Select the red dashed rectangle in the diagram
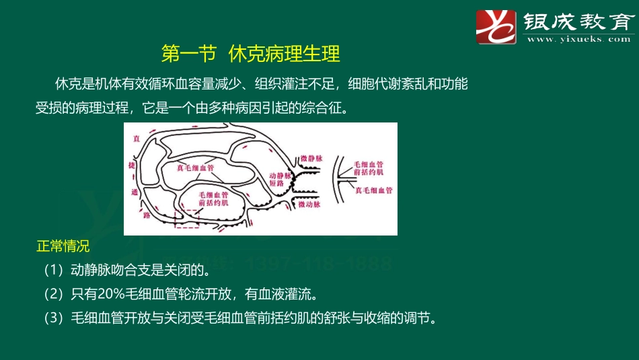click(186, 219)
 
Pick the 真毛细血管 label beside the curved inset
click(374, 191)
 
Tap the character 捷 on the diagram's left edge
click(133, 165)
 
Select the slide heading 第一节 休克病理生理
click(252, 53)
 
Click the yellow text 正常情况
click(63, 246)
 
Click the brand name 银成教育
click(578, 22)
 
